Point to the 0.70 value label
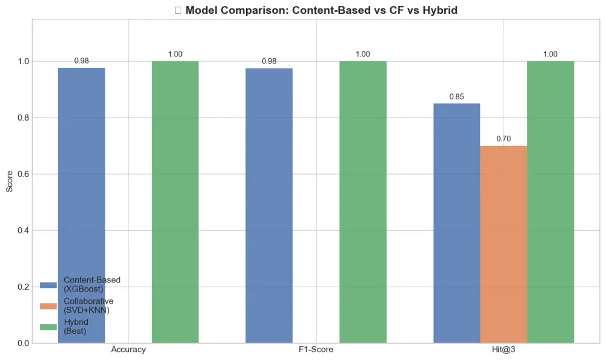tap(504, 139)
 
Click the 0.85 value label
tap(456, 97)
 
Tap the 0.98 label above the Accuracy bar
tap(81, 61)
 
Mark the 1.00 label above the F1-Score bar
tap(363, 55)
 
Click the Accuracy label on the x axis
tap(128, 350)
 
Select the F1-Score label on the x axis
tap(316, 350)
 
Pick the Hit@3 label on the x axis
tap(504, 350)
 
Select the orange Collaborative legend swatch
tap(48, 305)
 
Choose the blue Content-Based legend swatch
tap(48, 284)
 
